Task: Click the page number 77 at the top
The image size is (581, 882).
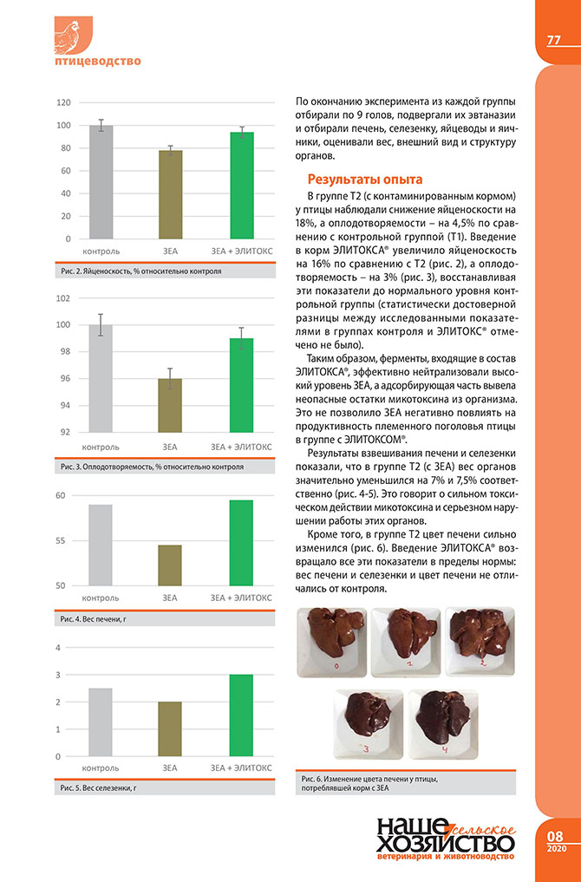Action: tap(552, 41)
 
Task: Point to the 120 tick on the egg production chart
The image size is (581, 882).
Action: tap(62, 102)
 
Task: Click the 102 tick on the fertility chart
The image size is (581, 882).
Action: tap(62, 298)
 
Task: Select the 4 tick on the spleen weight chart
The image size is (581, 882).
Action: tap(59, 647)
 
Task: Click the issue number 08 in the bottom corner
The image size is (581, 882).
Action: tap(554, 836)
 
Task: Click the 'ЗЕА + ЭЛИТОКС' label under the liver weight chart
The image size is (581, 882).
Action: tap(242, 598)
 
